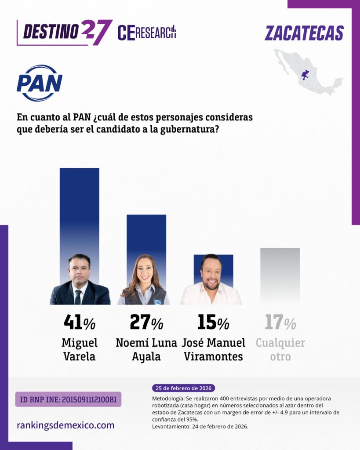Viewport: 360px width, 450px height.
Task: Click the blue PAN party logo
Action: coord(40,83)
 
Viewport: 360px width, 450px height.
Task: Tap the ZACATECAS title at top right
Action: coord(304,33)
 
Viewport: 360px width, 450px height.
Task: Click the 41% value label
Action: coord(80,323)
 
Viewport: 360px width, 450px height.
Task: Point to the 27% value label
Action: coord(146,323)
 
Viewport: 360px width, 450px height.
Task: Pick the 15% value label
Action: coord(213,323)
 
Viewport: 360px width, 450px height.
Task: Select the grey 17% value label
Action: coord(280,323)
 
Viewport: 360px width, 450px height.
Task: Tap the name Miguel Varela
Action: coord(80,349)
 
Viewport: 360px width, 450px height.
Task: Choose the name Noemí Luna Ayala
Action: coord(146,349)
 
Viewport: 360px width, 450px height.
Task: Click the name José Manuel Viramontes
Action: coord(213,349)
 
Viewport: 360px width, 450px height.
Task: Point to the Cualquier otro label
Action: coord(280,349)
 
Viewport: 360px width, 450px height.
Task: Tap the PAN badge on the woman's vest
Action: coord(157,301)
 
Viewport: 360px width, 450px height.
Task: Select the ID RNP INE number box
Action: coord(68,399)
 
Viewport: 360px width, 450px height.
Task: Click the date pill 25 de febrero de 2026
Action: coord(184,388)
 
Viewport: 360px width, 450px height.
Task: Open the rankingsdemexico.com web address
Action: coord(65,425)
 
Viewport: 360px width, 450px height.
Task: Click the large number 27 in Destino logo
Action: coord(96,31)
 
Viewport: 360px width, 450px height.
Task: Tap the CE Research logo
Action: coord(146,33)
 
